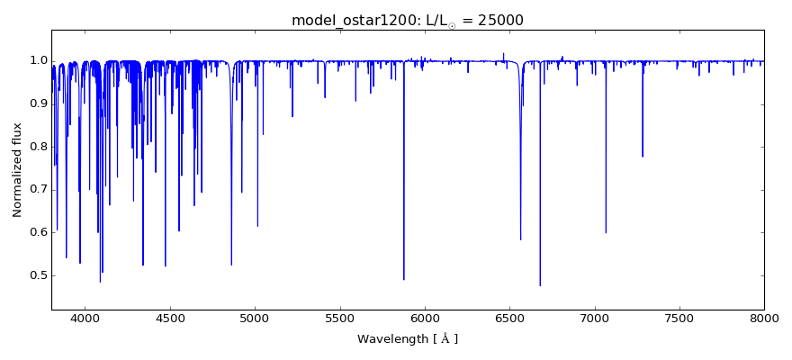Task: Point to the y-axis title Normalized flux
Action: coord(18,170)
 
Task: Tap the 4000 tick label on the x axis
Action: coord(85,318)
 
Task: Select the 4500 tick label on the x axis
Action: coord(170,318)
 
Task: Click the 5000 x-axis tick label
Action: coord(255,318)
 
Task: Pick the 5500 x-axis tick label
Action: coord(340,318)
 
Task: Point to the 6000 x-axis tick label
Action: coord(425,318)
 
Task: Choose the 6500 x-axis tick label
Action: coord(509,318)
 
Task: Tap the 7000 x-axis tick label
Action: coord(595,318)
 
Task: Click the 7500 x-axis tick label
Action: coord(679,318)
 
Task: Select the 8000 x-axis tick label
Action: coord(764,318)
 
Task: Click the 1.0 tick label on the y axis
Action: coord(38,60)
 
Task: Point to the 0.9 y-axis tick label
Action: coord(38,103)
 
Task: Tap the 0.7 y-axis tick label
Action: coord(38,190)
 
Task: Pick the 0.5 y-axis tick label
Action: coord(38,275)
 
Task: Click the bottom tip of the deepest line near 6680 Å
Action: coord(540,285)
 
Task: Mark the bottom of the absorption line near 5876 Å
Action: coord(403,280)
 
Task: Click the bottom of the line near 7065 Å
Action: coord(606,233)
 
